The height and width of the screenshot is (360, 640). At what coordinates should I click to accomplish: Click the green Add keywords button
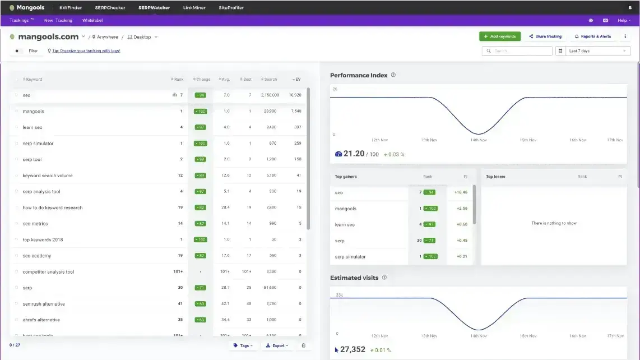[499, 36]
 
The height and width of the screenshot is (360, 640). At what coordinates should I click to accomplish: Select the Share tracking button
[545, 36]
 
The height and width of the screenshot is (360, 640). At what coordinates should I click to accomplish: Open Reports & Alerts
[593, 36]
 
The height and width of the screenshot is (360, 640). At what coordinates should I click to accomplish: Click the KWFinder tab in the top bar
[71, 8]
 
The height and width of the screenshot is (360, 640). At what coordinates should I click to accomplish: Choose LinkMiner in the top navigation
[194, 8]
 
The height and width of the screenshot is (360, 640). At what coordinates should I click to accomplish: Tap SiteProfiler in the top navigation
[231, 8]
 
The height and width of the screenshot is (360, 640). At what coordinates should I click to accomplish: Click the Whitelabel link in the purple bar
[92, 20]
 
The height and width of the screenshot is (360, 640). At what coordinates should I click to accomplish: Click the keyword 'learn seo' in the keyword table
[33, 127]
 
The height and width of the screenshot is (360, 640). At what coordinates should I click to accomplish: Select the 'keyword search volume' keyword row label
[48, 176]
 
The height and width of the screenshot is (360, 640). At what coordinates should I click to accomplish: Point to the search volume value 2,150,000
[270, 95]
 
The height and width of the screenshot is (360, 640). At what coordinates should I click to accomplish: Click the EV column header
[297, 80]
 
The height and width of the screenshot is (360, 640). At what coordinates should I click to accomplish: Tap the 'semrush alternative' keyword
[44, 304]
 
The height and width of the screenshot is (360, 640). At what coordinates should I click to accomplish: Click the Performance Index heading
[359, 75]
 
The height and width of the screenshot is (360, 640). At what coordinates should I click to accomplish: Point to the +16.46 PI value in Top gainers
[461, 192]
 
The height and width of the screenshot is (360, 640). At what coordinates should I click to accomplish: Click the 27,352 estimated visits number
[353, 349]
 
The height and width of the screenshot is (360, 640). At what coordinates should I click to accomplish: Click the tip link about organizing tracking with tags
[86, 51]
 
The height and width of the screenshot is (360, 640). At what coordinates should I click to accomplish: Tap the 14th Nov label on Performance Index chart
[478, 140]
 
